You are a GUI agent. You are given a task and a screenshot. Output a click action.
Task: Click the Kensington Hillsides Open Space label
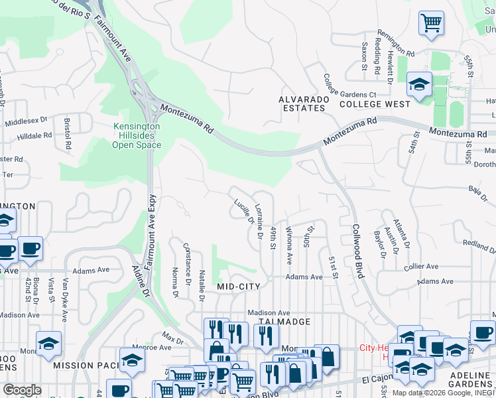pyautogui.click(x=137, y=135)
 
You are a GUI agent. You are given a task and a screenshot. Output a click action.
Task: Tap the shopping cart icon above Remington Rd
pyautogui.click(x=431, y=23)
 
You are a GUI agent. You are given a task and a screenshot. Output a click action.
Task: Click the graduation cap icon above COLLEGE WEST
pyautogui.click(x=419, y=84)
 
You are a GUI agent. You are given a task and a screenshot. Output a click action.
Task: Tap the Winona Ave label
pyautogui.click(x=290, y=244)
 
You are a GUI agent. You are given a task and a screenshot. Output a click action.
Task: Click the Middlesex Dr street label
pyautogui.click(x=27, y=121)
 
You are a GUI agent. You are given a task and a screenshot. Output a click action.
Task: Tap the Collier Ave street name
pyautogui.click(x=421, y=267)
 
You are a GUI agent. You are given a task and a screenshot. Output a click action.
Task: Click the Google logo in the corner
pyautogui.click(x=22, y=390)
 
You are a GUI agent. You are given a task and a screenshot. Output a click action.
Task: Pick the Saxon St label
pyautogui.click(x=364, y=58)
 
